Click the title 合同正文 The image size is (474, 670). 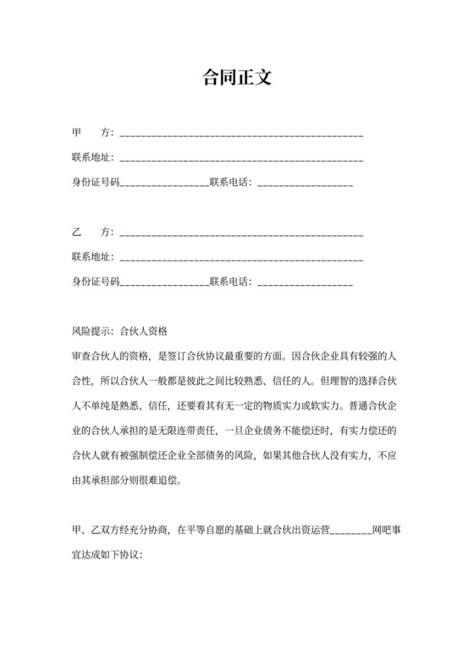click(x=236, y=79)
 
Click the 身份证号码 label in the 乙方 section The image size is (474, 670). click(x=96, y=281)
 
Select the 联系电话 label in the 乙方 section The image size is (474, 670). click(x=230, y=281)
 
